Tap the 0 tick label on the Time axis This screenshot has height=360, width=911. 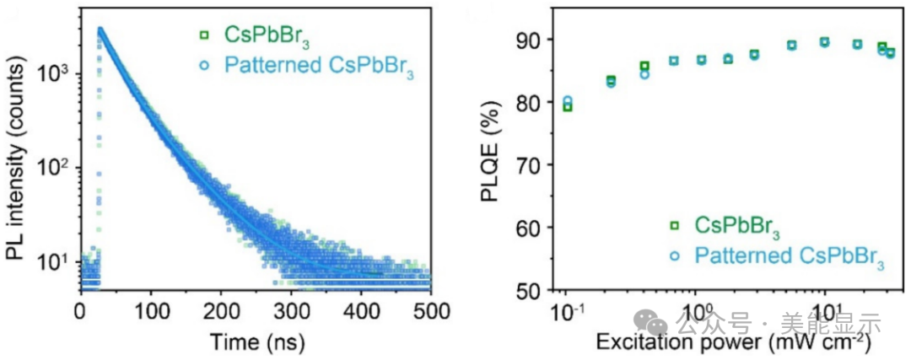pos(80,309)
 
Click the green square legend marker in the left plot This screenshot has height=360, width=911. pos(202,35)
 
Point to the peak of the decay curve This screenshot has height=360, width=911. pos(100,29)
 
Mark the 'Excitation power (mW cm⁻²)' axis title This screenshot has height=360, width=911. pos(732,343)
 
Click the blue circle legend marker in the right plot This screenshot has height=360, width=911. pos(675,254)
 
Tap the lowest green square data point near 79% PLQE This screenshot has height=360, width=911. pos(567,107)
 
